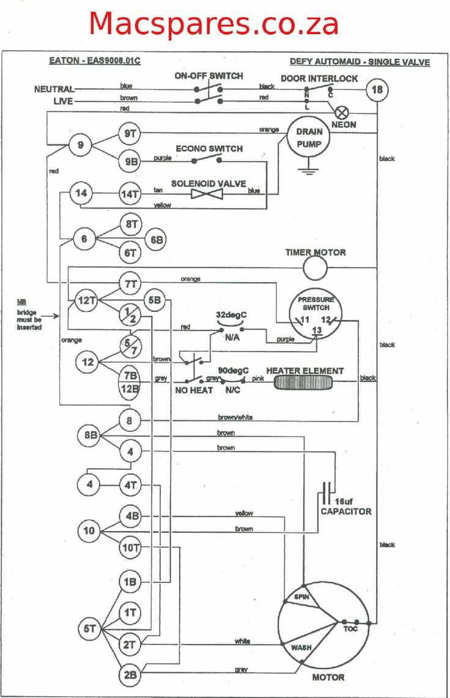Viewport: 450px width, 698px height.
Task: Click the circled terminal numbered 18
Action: pos(377,91)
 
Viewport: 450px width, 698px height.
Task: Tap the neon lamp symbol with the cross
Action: pos(343,112)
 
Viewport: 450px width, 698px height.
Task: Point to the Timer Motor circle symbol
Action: pos(316,267)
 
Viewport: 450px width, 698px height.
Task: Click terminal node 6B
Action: pos(156,240)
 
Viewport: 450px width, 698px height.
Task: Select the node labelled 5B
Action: pos(155,300)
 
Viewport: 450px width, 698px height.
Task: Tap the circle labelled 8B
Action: pos(90,436)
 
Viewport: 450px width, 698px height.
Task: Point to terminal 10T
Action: pos(130,547)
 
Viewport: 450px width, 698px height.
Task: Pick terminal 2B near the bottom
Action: pos(130,675)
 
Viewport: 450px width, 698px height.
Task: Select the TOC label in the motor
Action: pos(350,629)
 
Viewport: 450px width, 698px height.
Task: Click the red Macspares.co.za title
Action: pos(214,24)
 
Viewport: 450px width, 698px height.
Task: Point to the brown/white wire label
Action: pos(235,418)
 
